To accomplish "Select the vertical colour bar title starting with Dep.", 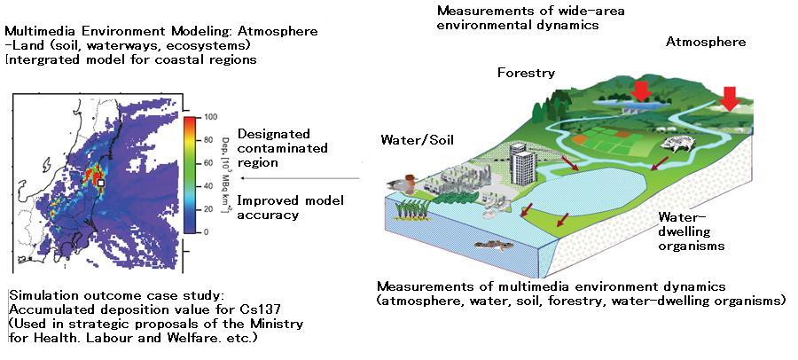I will click(x=227, y=174).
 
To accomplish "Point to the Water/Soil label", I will click(x=411, y=140).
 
